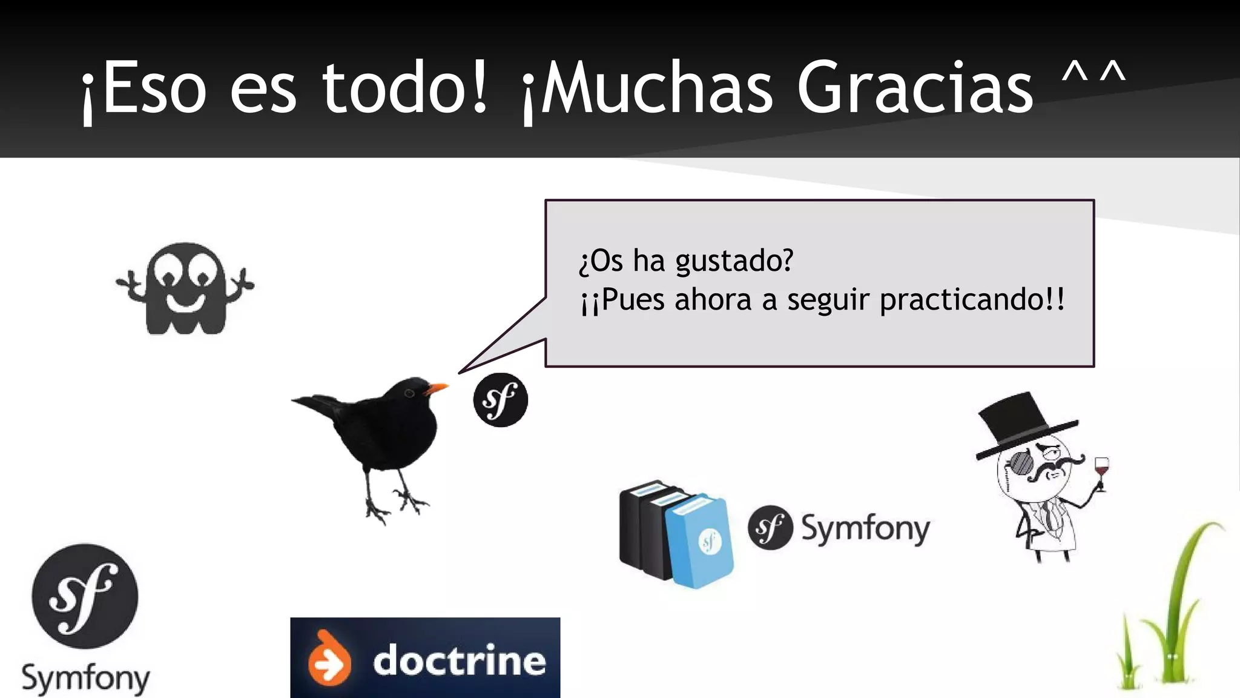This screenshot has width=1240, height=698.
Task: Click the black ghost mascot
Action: coord(185,290)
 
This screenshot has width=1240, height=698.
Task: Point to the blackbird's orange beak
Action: coord(437,388)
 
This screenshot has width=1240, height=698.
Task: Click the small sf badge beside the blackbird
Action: coord(500,400)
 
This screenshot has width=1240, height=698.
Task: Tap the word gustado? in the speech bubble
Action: coord(734,261)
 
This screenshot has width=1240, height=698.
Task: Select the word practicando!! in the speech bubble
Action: coord(971,300)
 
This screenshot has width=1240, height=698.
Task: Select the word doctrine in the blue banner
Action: coord(459,660)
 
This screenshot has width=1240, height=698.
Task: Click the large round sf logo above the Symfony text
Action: coord(85,596)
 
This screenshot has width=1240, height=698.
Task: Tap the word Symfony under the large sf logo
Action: coord(85,679)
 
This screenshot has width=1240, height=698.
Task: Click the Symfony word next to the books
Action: coord(865,528)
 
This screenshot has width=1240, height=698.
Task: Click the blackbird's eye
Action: coord(409,393)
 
